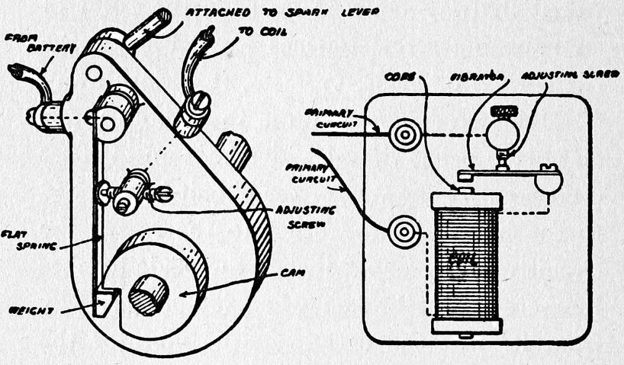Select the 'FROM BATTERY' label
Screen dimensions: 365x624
point(41,42)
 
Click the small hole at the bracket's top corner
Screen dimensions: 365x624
point(94,74)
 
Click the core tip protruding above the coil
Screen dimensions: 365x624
point(466,188)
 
